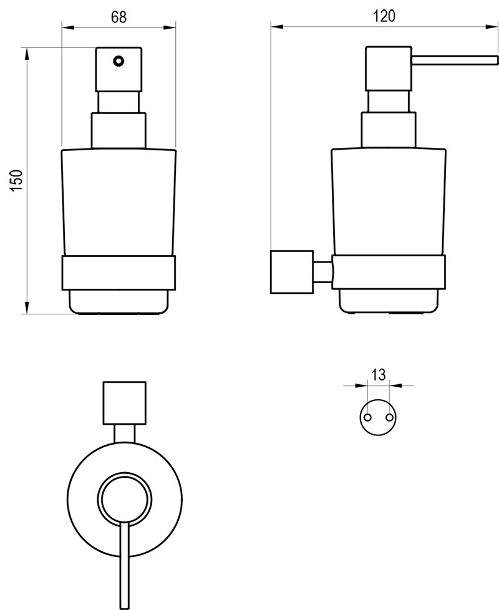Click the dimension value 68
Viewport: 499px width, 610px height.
[119, 17]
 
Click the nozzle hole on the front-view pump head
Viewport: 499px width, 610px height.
[118, 61]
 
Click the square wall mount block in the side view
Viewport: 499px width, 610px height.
[291, 271]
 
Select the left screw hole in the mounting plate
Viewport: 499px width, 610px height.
[367, 417]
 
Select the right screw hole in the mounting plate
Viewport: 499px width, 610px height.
[390, 417]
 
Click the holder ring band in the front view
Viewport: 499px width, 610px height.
[119, 272]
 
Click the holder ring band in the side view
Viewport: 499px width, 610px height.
[389, 272]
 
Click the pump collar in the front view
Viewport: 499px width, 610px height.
[119, 130]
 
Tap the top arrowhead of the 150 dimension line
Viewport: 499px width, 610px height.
[27, 54]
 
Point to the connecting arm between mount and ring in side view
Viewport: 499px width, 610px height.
[322, 272]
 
